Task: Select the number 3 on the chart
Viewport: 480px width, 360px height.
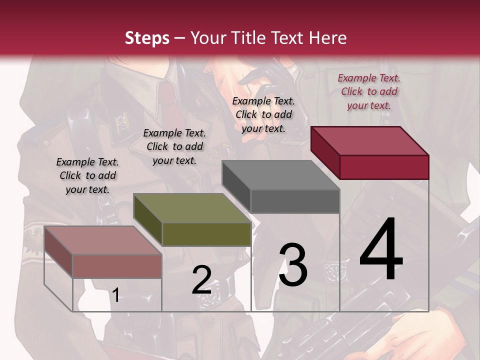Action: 293,265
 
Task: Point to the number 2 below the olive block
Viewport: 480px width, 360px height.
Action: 201,280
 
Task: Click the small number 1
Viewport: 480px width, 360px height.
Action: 115,295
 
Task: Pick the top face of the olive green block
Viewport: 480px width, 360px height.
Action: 192,208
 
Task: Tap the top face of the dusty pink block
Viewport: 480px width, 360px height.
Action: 103,240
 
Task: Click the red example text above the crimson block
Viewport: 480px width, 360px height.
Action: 369,91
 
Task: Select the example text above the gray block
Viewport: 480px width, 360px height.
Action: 263,114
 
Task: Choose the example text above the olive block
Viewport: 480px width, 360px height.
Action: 174,146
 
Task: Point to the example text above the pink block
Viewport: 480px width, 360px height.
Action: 87,175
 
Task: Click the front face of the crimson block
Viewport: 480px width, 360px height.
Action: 384,167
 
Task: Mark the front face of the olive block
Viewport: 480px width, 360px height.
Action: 206,234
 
